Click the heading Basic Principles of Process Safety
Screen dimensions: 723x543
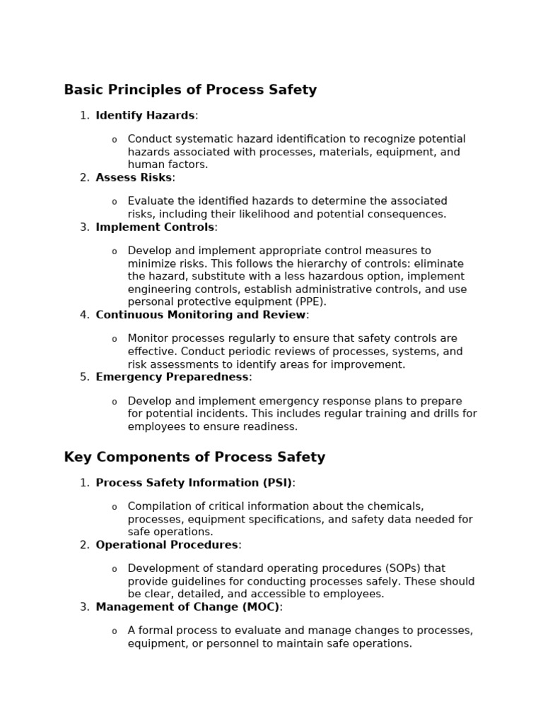pos(190,90)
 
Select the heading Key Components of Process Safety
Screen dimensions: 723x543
pos(194,457)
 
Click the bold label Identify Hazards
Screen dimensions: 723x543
pos(145,115)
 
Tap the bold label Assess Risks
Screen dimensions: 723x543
pos(134,177)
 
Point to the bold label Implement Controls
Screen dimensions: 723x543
pos(155,227)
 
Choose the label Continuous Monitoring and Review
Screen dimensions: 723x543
pos(201,314)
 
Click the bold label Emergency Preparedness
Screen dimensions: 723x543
pos(172,376)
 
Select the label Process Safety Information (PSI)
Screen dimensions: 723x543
pos(194,482)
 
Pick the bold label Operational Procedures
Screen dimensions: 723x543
pos(167,544)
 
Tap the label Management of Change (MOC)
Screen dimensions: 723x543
pos(187,607)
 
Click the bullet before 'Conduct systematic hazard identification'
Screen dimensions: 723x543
pos(115,140)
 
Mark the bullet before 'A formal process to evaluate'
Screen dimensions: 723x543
pos(115,631)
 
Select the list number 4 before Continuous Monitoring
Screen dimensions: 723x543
pos(84,314)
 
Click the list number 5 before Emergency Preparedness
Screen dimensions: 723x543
pos(84,376)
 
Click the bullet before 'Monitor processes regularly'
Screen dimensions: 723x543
pos(115,339)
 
